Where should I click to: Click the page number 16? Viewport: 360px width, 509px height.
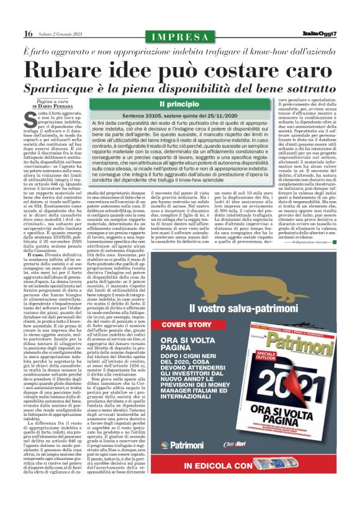pos(29,34)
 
